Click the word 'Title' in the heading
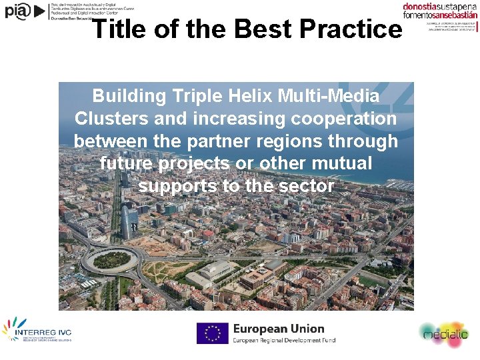pyautogui.click(x=115, y=29)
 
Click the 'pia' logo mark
pyautogui.click(x=18, y=11)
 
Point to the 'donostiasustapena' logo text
pyautogui.click(x=440, y=7)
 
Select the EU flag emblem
pyautogui.click(x=212, y=333)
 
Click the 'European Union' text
pyautogui.click(x=278, y=329)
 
